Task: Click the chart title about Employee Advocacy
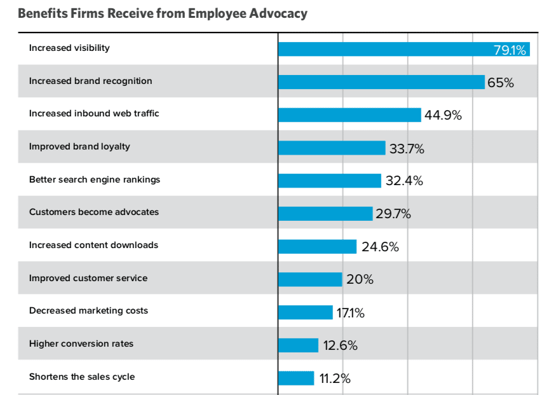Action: click(x=163, y=13)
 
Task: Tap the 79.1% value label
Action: click(x=510, y=50)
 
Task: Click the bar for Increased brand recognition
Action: click(x=381, y=82)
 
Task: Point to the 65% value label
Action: click(x=500, y=83)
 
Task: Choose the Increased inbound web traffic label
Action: click(x=94, y=113)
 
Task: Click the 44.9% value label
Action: click(x=443, y=116)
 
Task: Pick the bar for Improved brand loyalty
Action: click(x=332, y=148)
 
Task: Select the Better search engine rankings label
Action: click(x=95, y=179)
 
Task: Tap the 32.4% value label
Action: click(x=404, y=181)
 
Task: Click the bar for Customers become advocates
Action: click(x=325, y=214)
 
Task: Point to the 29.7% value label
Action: click(x=393, y=214)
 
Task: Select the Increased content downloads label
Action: click(x=93, y=245)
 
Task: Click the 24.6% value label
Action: click(x=380, y=247)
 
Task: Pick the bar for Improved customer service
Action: click(x=310, y=279)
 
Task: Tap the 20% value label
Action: click(x=360, y=280)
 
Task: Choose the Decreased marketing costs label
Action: click(x=88, y=310)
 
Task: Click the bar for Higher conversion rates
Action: click(x=298, y=345)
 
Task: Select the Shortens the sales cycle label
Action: click(x=82, y=377)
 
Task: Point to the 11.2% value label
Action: click(x=334, y=379)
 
